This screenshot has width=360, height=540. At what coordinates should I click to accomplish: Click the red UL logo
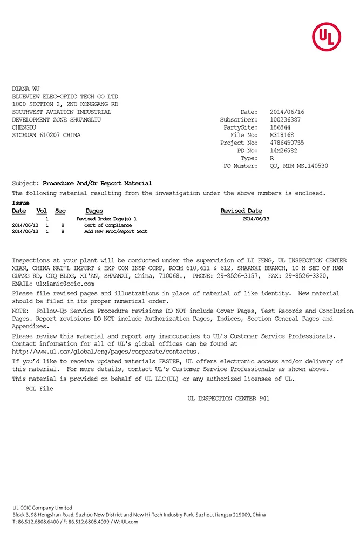pos(327,37)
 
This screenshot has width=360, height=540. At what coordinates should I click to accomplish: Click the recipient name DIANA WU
pos(26,89)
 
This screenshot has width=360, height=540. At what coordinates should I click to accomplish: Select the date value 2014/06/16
pos(287,112)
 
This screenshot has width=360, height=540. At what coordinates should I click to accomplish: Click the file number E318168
pos(282,135)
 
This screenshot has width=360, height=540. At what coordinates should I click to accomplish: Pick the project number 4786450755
pos(287,143)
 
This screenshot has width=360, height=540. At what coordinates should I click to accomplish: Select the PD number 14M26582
pos(283,151)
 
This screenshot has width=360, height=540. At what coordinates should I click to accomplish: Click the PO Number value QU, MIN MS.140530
pos(298,166)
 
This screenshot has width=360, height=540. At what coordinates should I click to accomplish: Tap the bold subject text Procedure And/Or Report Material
pos(97,183)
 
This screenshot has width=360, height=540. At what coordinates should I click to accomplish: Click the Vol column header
pos(42,211)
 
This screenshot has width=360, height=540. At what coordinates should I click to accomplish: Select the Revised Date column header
pos(241,211)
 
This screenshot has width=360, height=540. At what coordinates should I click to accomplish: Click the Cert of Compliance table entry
pos(108,225)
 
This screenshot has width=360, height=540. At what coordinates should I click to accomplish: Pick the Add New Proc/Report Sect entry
pos(116,231)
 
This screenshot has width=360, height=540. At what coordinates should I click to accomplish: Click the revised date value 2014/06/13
pos(256,219)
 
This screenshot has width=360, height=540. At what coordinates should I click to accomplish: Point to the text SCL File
pos(39,389)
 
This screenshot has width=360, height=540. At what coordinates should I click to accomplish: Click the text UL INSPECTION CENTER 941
pos(228,399)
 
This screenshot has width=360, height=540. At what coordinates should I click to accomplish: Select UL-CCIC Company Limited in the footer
pos(42,508)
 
